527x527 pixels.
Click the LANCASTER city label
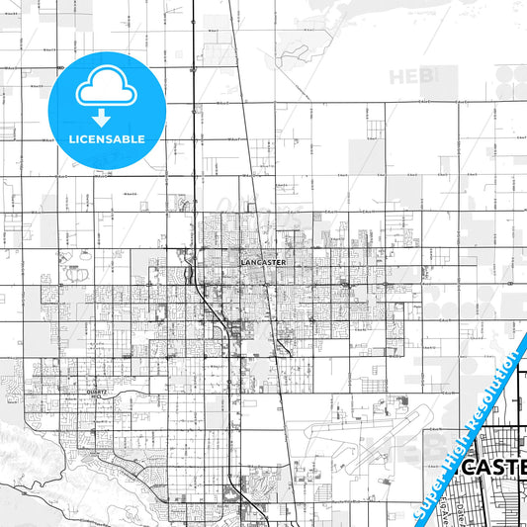point(262,262)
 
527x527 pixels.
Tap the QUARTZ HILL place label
point(96,394)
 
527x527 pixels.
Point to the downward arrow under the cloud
point(102,117)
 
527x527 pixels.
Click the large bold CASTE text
point(493,468)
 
